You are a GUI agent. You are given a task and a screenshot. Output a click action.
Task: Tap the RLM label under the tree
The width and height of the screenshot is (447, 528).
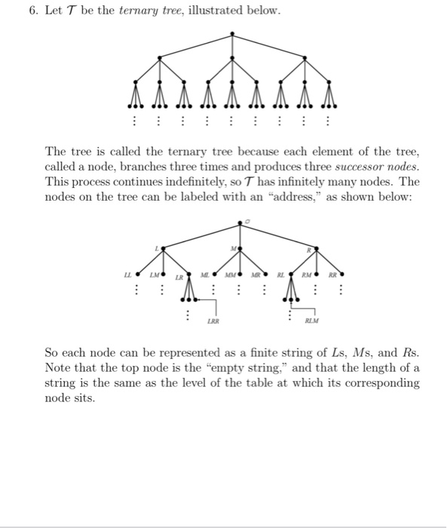tap(311, 321)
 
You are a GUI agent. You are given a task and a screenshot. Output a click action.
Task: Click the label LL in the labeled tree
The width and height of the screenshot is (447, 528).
tap(128, 275)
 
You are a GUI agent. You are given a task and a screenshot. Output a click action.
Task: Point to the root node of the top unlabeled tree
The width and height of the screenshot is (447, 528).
tap(232, 32)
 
